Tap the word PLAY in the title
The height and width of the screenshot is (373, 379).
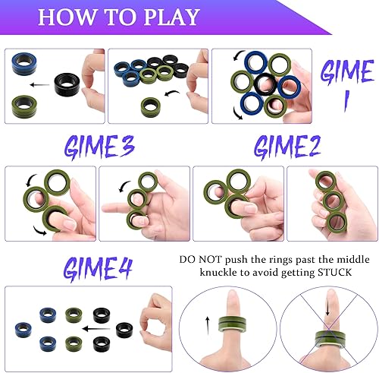[x=171, y=17]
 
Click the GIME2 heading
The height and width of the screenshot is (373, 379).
[x=286, y=147]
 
